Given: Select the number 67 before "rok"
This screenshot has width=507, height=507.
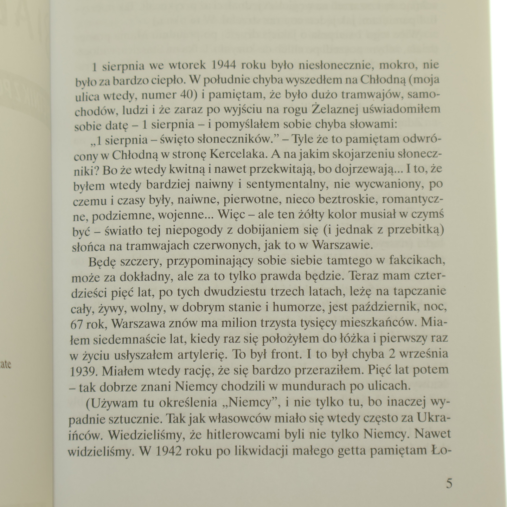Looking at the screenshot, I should point(77,323).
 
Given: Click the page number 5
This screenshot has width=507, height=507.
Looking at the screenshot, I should point(449,484).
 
